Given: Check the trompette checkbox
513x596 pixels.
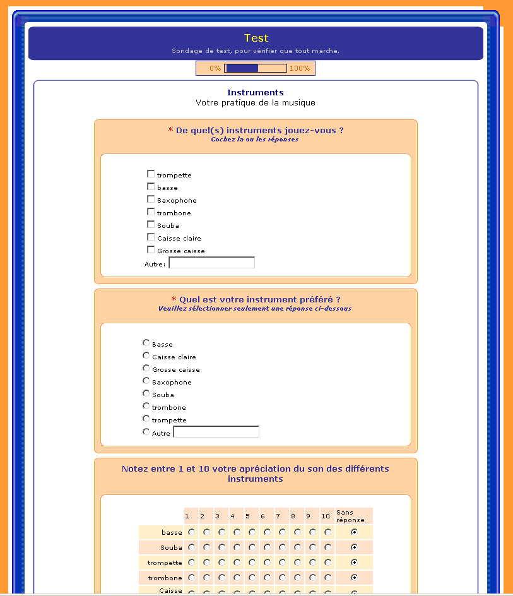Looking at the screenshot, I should coord(151,174).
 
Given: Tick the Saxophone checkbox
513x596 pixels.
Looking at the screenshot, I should coord(151,200).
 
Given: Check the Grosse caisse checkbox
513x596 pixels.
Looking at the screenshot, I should coord(151,250).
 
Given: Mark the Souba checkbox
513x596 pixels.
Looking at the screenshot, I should coord(151,225).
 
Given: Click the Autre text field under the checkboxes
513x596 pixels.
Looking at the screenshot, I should coord(211,263).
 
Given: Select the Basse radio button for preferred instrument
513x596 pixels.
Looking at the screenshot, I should coord(146,343).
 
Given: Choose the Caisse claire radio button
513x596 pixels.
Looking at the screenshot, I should coord(146,355).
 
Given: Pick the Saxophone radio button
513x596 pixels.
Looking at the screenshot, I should coord(146,381).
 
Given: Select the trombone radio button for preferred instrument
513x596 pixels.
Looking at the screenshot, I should coord(146,406).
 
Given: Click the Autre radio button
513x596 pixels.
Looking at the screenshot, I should coord(146,432).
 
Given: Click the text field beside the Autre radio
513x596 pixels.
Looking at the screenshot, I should coord(216,432).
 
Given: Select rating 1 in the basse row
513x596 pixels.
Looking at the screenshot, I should coord(191,532).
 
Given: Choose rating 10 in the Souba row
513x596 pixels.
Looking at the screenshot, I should coord(327,547).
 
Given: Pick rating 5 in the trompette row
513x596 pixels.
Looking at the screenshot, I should coord(252,563).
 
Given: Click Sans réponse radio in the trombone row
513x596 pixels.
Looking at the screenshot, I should coord(354,578).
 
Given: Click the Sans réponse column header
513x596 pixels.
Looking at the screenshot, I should coord(350,516).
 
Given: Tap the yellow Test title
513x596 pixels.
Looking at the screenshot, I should coord(256,38).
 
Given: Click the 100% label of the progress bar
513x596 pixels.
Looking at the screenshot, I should coord(300,68).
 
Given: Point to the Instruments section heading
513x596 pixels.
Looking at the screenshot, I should coord(256,92).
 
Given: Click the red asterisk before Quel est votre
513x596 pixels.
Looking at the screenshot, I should coord(174,299).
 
